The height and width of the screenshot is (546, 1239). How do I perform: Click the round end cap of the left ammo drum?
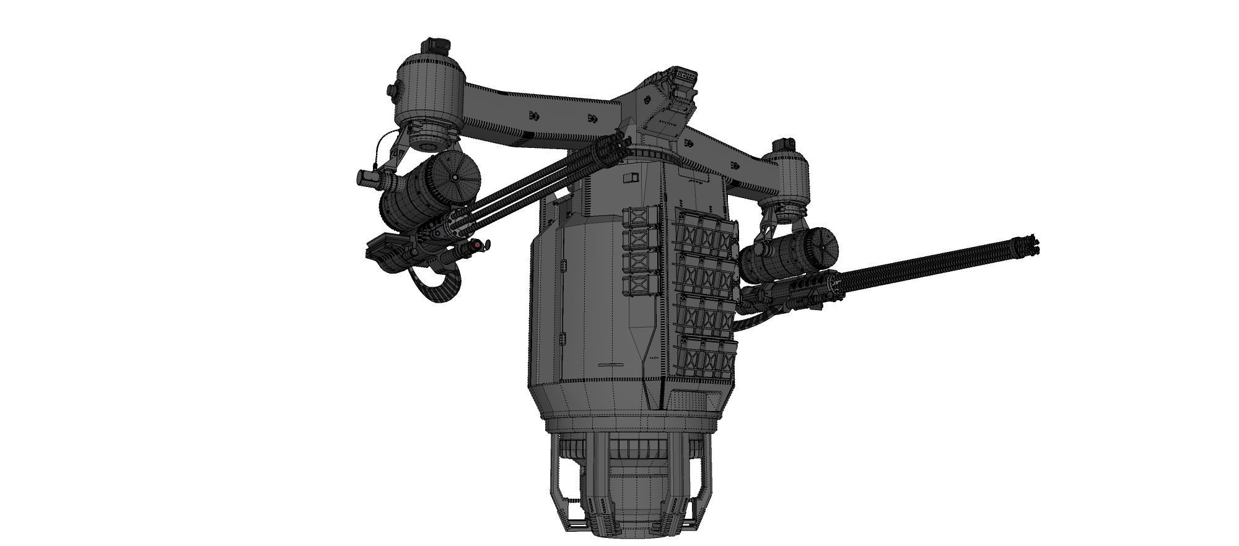pos(455,177)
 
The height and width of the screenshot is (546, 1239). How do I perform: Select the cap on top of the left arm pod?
pos(436,46)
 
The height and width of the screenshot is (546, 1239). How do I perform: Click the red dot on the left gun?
pos(476,246)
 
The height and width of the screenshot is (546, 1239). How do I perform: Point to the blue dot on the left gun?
pos(437,233)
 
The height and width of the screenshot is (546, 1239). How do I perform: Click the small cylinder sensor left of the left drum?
pos(369,178)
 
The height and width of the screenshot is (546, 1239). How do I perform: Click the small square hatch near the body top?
pos(630,179)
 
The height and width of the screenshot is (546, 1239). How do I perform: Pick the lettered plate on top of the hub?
pos(685,74)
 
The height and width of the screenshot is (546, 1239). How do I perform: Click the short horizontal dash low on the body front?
pos(612,365)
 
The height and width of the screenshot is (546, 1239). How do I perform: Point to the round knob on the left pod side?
pos(393,91)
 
